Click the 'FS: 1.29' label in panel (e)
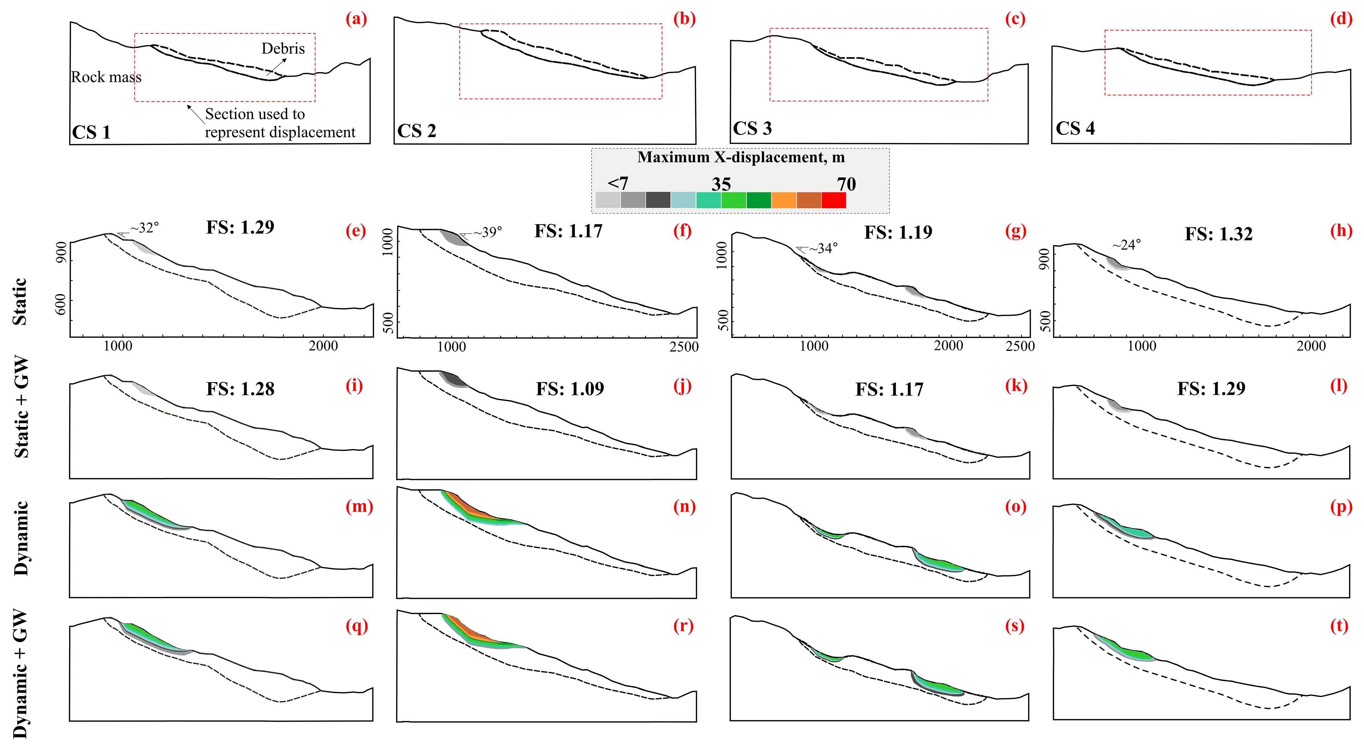pos(240,227)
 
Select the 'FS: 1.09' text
pos(570,389)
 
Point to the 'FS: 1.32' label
pos(1218,234)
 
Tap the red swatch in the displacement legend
pos(833,200)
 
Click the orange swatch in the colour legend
pos(784,200)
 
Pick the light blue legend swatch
pos(683,200)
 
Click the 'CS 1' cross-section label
pos(91,132)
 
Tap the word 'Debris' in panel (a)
pos(283,49)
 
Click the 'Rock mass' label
pos(106,77)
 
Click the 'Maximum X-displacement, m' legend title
pos(741,157)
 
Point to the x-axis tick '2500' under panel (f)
pos(683,347)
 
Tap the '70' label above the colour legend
pos(846,184)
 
